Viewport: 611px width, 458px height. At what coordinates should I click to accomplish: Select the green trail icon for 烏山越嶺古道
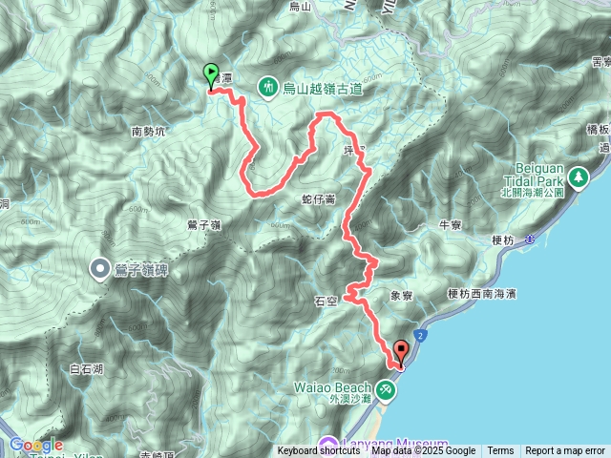267,87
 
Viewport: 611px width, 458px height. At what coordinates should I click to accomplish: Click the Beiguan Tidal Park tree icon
578,177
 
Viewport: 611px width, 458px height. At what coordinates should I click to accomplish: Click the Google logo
35,445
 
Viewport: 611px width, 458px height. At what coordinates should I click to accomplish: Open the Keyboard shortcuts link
319,451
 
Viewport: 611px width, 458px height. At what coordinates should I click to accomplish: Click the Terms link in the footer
500,451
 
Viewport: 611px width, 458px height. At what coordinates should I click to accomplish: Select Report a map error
564,451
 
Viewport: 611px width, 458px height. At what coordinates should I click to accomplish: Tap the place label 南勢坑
149,132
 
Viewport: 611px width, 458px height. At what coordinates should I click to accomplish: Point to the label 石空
326,301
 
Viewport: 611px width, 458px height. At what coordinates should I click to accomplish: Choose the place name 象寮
402,297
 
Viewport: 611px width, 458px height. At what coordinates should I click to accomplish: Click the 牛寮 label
450,225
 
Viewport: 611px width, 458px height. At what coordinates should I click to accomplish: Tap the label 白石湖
87,368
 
